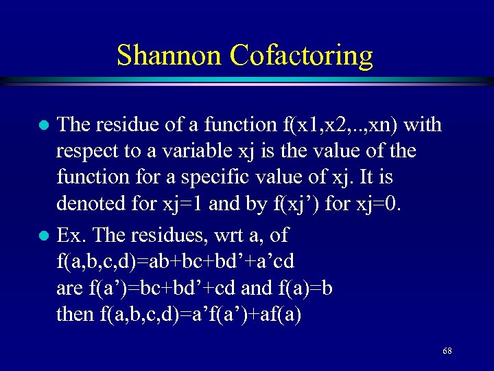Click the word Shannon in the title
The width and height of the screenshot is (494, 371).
(169, 55)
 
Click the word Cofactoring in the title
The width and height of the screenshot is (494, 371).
(302, 55)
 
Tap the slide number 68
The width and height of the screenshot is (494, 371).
(447, 351)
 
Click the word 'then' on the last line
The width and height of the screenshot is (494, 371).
(75, 314)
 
